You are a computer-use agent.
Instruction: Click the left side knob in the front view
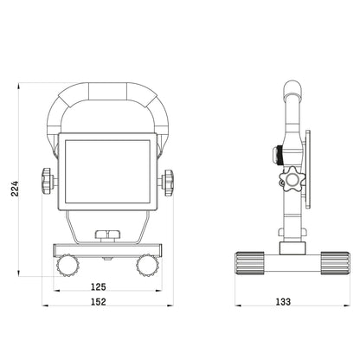point(45,183)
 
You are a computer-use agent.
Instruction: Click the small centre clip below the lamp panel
point(106,234)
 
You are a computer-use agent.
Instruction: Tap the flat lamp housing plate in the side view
point(303,169)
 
